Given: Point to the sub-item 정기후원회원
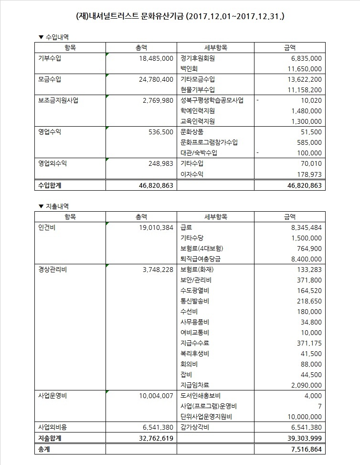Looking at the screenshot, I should click(198, 58).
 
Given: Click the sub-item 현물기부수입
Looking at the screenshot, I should click(198, 89).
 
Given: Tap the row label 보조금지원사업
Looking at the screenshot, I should click(58, 100).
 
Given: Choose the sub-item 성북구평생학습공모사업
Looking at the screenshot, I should click(212, 100).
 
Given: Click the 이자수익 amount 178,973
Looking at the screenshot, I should click(306, 174).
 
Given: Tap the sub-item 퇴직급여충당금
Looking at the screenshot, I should click(201, 259).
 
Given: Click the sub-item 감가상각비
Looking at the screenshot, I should click(195, 427).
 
